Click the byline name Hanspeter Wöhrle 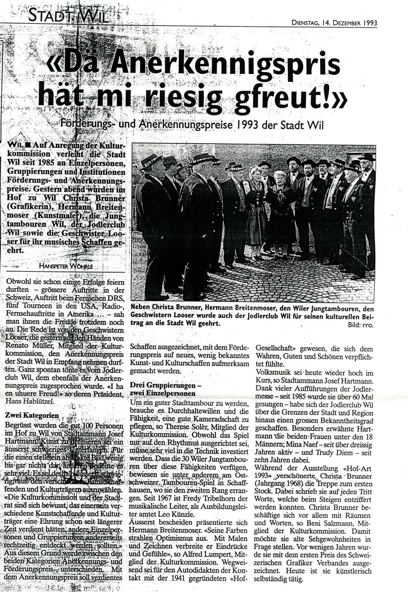66,266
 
